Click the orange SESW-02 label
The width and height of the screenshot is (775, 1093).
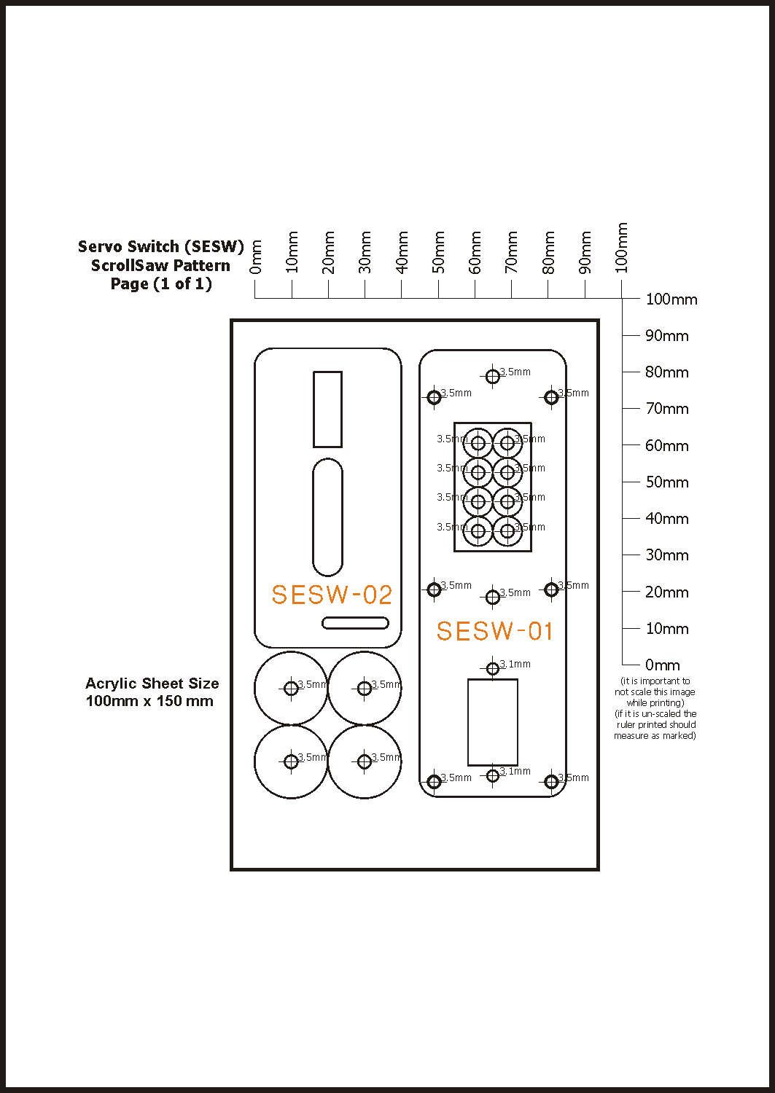[332, 595]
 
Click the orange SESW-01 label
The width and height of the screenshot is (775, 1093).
[494, 631]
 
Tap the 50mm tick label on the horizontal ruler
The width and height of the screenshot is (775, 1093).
[438, 252]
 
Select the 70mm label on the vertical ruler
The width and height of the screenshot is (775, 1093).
[666, 409]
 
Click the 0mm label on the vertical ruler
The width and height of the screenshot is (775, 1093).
[662, 665]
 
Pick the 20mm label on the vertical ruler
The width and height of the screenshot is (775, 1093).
[666, 592]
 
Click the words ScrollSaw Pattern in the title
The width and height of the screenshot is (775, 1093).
[160, 265]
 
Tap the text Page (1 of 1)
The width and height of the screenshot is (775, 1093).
[161, 284]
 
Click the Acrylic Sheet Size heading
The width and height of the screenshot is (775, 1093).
[152, 683]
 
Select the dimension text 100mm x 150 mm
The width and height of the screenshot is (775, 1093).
[149, 701]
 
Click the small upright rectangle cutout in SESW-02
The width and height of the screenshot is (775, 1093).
[327, 409]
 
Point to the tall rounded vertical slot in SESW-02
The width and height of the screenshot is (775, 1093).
[327, 517]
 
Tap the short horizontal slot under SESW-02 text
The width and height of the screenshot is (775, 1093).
[355, 622]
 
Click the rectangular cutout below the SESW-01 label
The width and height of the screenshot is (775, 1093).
[492, 722]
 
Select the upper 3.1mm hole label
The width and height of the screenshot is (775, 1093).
[515, 664]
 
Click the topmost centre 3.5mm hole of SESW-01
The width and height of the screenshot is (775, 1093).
[493, 376]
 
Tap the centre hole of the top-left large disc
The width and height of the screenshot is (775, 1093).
[291, 688]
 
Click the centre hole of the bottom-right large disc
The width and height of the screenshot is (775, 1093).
[365, 761]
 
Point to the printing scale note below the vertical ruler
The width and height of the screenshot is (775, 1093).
[655, 708]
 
